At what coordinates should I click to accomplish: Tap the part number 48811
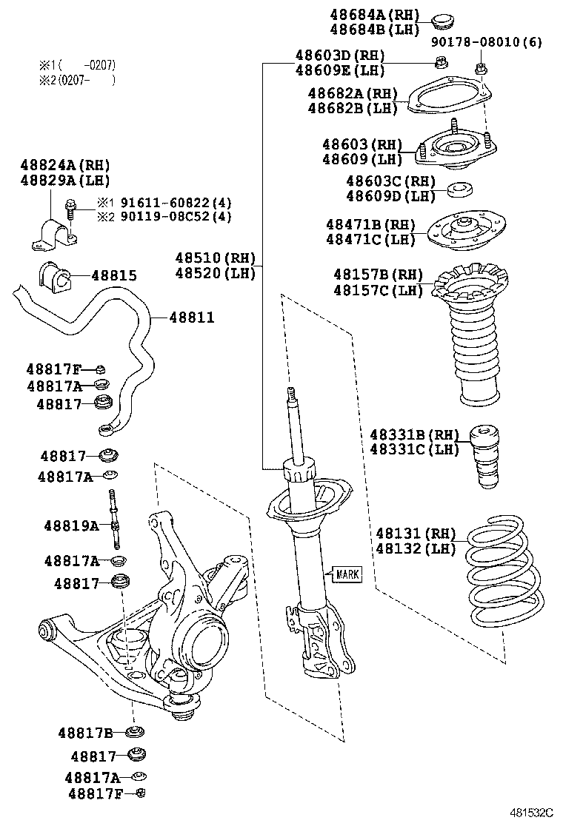(191, 318)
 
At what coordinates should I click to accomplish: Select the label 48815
(113, 276)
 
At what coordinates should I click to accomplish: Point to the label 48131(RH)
(416, 533)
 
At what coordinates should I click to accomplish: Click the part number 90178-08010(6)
(487, 42)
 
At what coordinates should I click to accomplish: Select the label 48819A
(70, 526)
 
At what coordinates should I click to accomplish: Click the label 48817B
(85, 733)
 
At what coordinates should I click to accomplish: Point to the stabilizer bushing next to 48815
(53, 276)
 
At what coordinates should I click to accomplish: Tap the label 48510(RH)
(215, 258)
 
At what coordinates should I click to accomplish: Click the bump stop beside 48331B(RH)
(487, 455)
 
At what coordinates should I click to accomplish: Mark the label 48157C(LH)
(378, 289)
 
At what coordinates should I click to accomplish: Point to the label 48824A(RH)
(65, 165)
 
